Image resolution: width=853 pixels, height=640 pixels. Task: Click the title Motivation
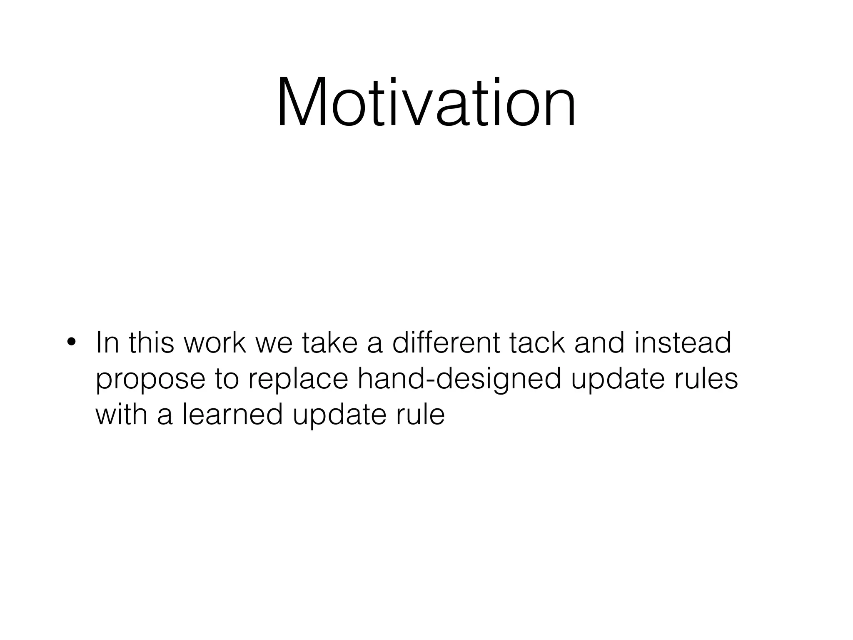click(x=426, y=102)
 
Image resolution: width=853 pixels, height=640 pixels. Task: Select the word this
click(x=151, y=342)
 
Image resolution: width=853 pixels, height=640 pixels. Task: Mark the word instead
click(x=683, y=342)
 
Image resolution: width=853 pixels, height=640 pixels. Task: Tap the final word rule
click(x=420, y=415)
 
